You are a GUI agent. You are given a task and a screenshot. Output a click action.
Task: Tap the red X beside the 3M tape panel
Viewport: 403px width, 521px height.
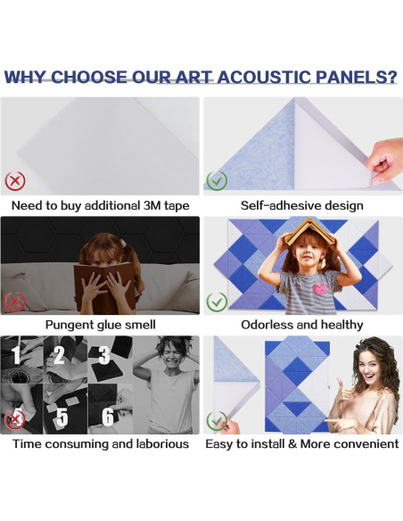15,181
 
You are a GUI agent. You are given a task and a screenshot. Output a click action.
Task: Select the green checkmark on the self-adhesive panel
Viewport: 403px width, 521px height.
217,181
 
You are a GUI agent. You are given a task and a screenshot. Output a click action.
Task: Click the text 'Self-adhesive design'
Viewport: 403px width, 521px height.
301,206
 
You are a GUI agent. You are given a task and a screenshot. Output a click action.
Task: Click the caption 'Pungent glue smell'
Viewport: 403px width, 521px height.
101,325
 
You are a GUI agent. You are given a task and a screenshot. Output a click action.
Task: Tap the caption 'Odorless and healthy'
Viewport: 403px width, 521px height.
301,325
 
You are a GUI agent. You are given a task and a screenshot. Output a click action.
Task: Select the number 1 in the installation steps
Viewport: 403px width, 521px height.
15,356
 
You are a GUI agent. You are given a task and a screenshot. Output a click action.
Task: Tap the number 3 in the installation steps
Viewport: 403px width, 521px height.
103,356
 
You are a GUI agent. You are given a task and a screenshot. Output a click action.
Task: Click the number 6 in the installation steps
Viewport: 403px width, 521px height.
107,416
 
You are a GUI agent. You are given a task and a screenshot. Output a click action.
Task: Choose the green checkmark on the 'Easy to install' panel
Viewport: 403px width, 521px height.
217,419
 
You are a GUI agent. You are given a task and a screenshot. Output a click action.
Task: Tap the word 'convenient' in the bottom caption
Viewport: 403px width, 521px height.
363,443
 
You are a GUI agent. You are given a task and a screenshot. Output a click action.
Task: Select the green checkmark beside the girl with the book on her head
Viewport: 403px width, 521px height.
217,302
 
